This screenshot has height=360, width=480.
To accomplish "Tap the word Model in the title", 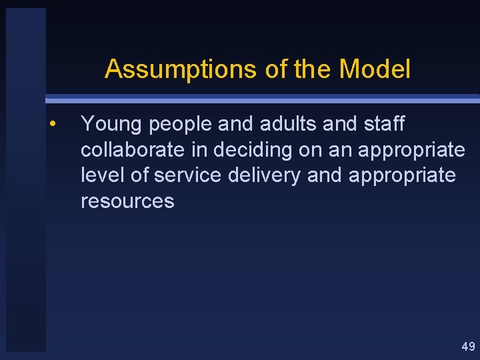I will (x=375, y=69).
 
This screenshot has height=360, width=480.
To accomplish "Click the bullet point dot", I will (x=51, y=124).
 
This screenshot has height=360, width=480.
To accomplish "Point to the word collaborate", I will (x=133, y=150).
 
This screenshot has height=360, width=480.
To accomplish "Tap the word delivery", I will (x=269, y=175).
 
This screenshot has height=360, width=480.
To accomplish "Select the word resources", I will (x=127, y=201).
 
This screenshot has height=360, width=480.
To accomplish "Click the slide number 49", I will (x=468, y=346).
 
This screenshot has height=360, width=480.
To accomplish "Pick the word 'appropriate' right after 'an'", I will (x=411, y=151).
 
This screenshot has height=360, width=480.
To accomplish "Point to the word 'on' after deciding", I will (x=310, y=151).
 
